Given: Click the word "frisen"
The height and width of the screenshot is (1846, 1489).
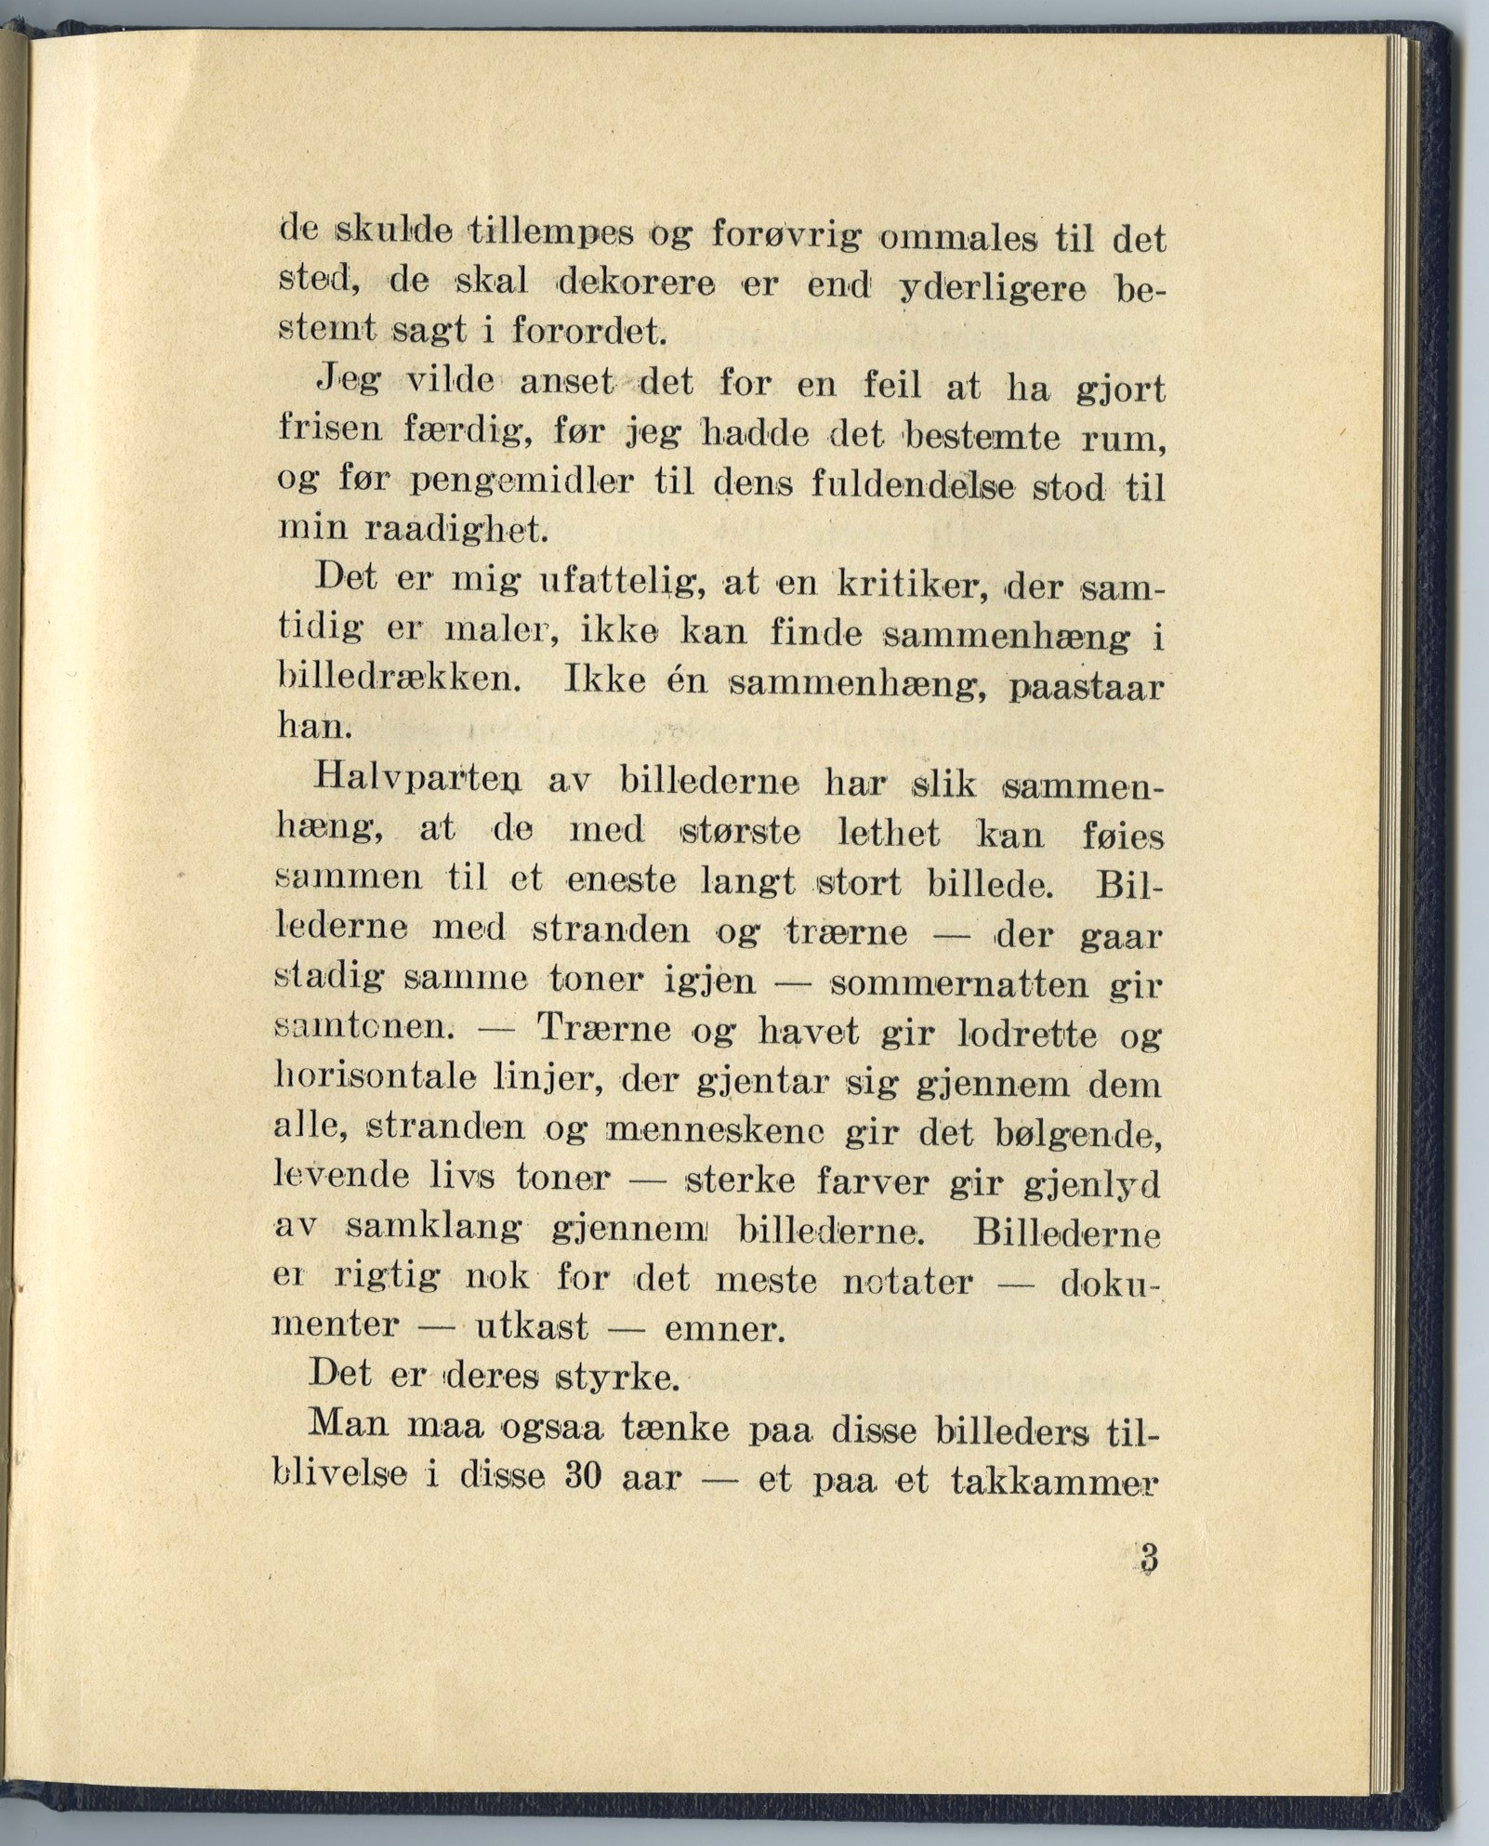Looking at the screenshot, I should [x=328, y=429].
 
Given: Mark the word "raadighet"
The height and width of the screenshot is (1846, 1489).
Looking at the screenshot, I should [x=454, y=530].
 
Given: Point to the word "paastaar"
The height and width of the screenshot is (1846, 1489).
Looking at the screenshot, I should [x=1087, y=689].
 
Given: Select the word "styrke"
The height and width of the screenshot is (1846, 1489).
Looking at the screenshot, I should [x=613, y=1377].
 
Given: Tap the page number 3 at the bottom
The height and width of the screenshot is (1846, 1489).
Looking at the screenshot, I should [x=1150, y=1559].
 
